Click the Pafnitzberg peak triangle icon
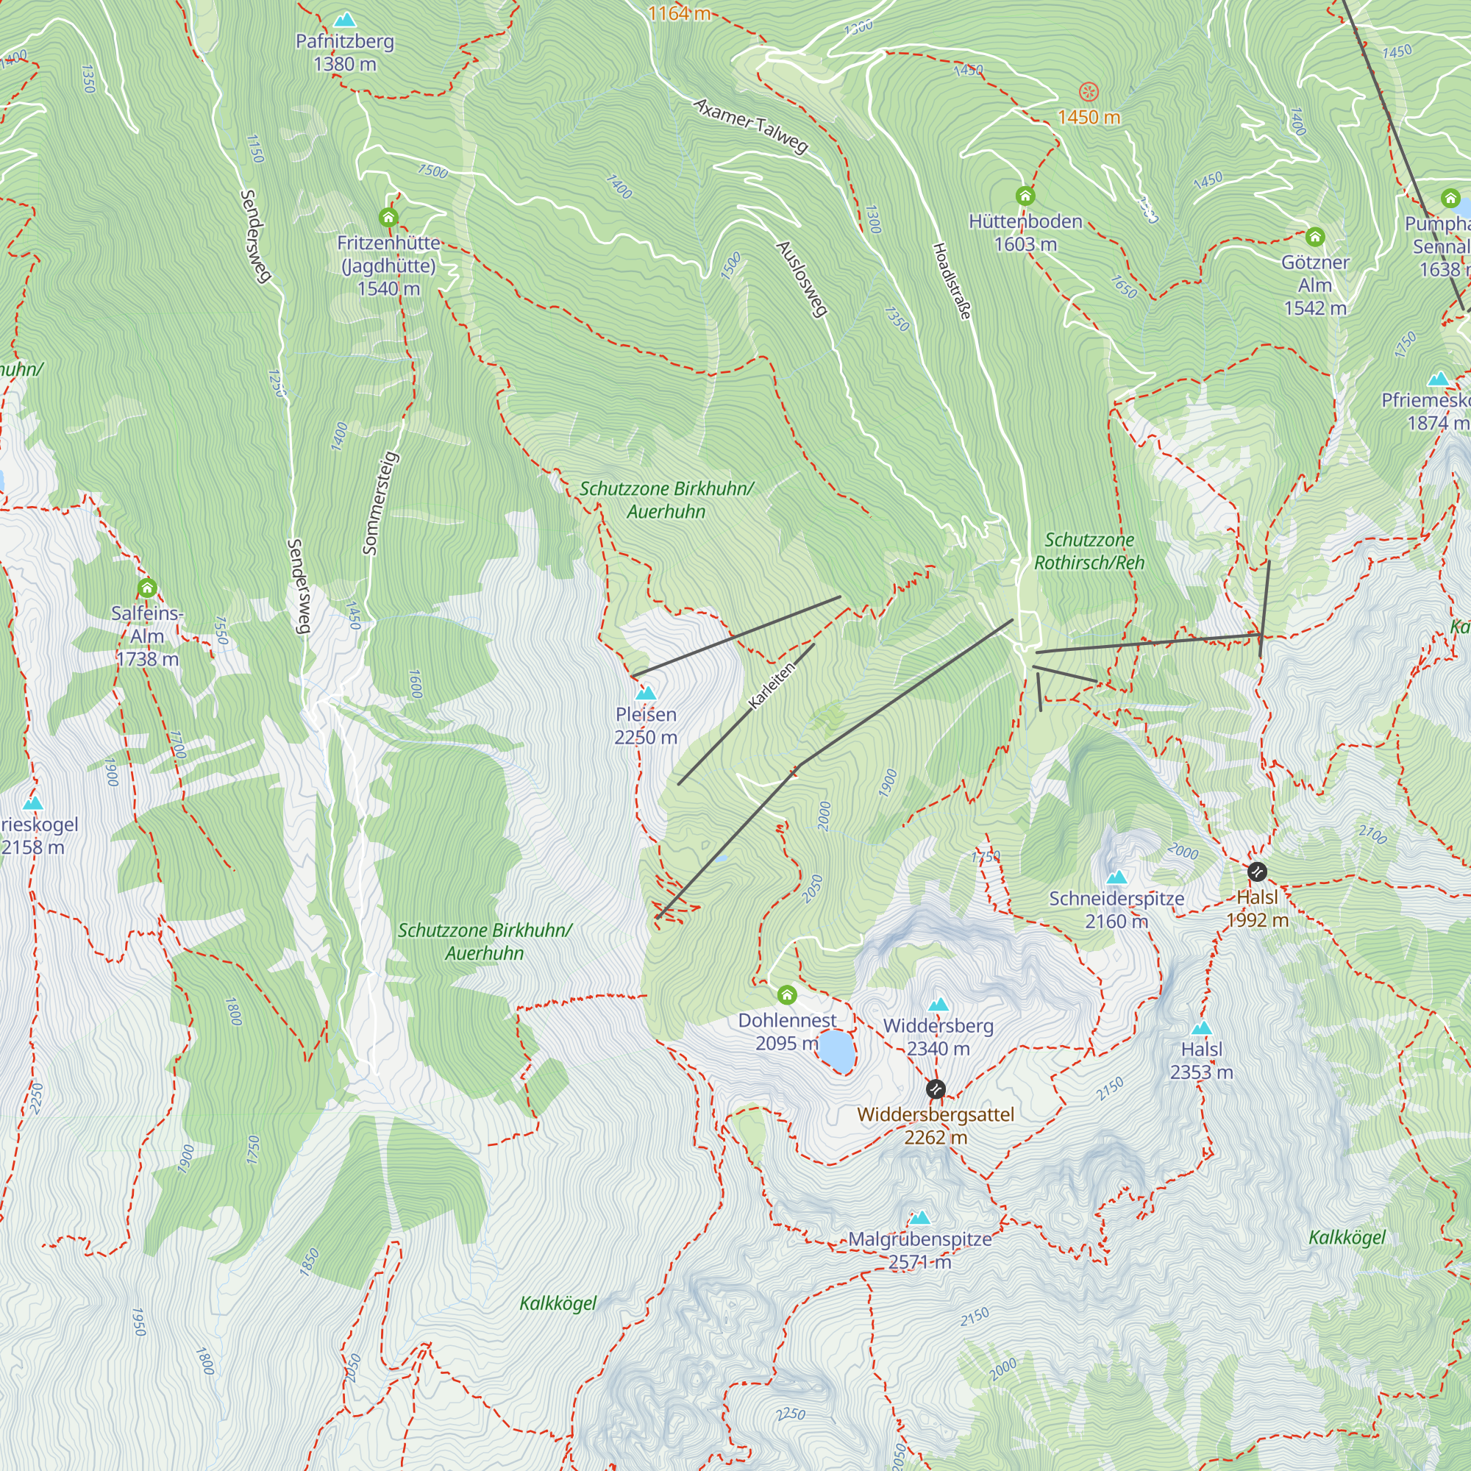click(345, 19)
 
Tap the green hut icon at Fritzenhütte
click(388, 218)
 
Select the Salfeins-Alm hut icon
click(147, 588)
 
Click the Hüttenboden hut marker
click(1025, 196)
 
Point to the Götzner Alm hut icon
click(1315, 237)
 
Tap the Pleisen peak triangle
click(646, 693)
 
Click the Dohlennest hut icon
click(786, 994)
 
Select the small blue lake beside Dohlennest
click(836, 1050)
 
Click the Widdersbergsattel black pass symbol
click(936, 1089)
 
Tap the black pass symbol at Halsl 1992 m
click(1257, 871)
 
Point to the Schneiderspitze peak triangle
click(1116, 877)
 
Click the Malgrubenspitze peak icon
click(921, 1217)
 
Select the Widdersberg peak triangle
click(938, 1004)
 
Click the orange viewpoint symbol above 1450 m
click(1089, 92)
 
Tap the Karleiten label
click(772, 685)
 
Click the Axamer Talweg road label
click(751, 126)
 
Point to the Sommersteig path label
click(380, 502)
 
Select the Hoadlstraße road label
click(952, 281)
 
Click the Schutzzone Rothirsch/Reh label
click(1089, 550)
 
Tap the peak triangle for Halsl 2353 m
click(1202, 1028)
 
